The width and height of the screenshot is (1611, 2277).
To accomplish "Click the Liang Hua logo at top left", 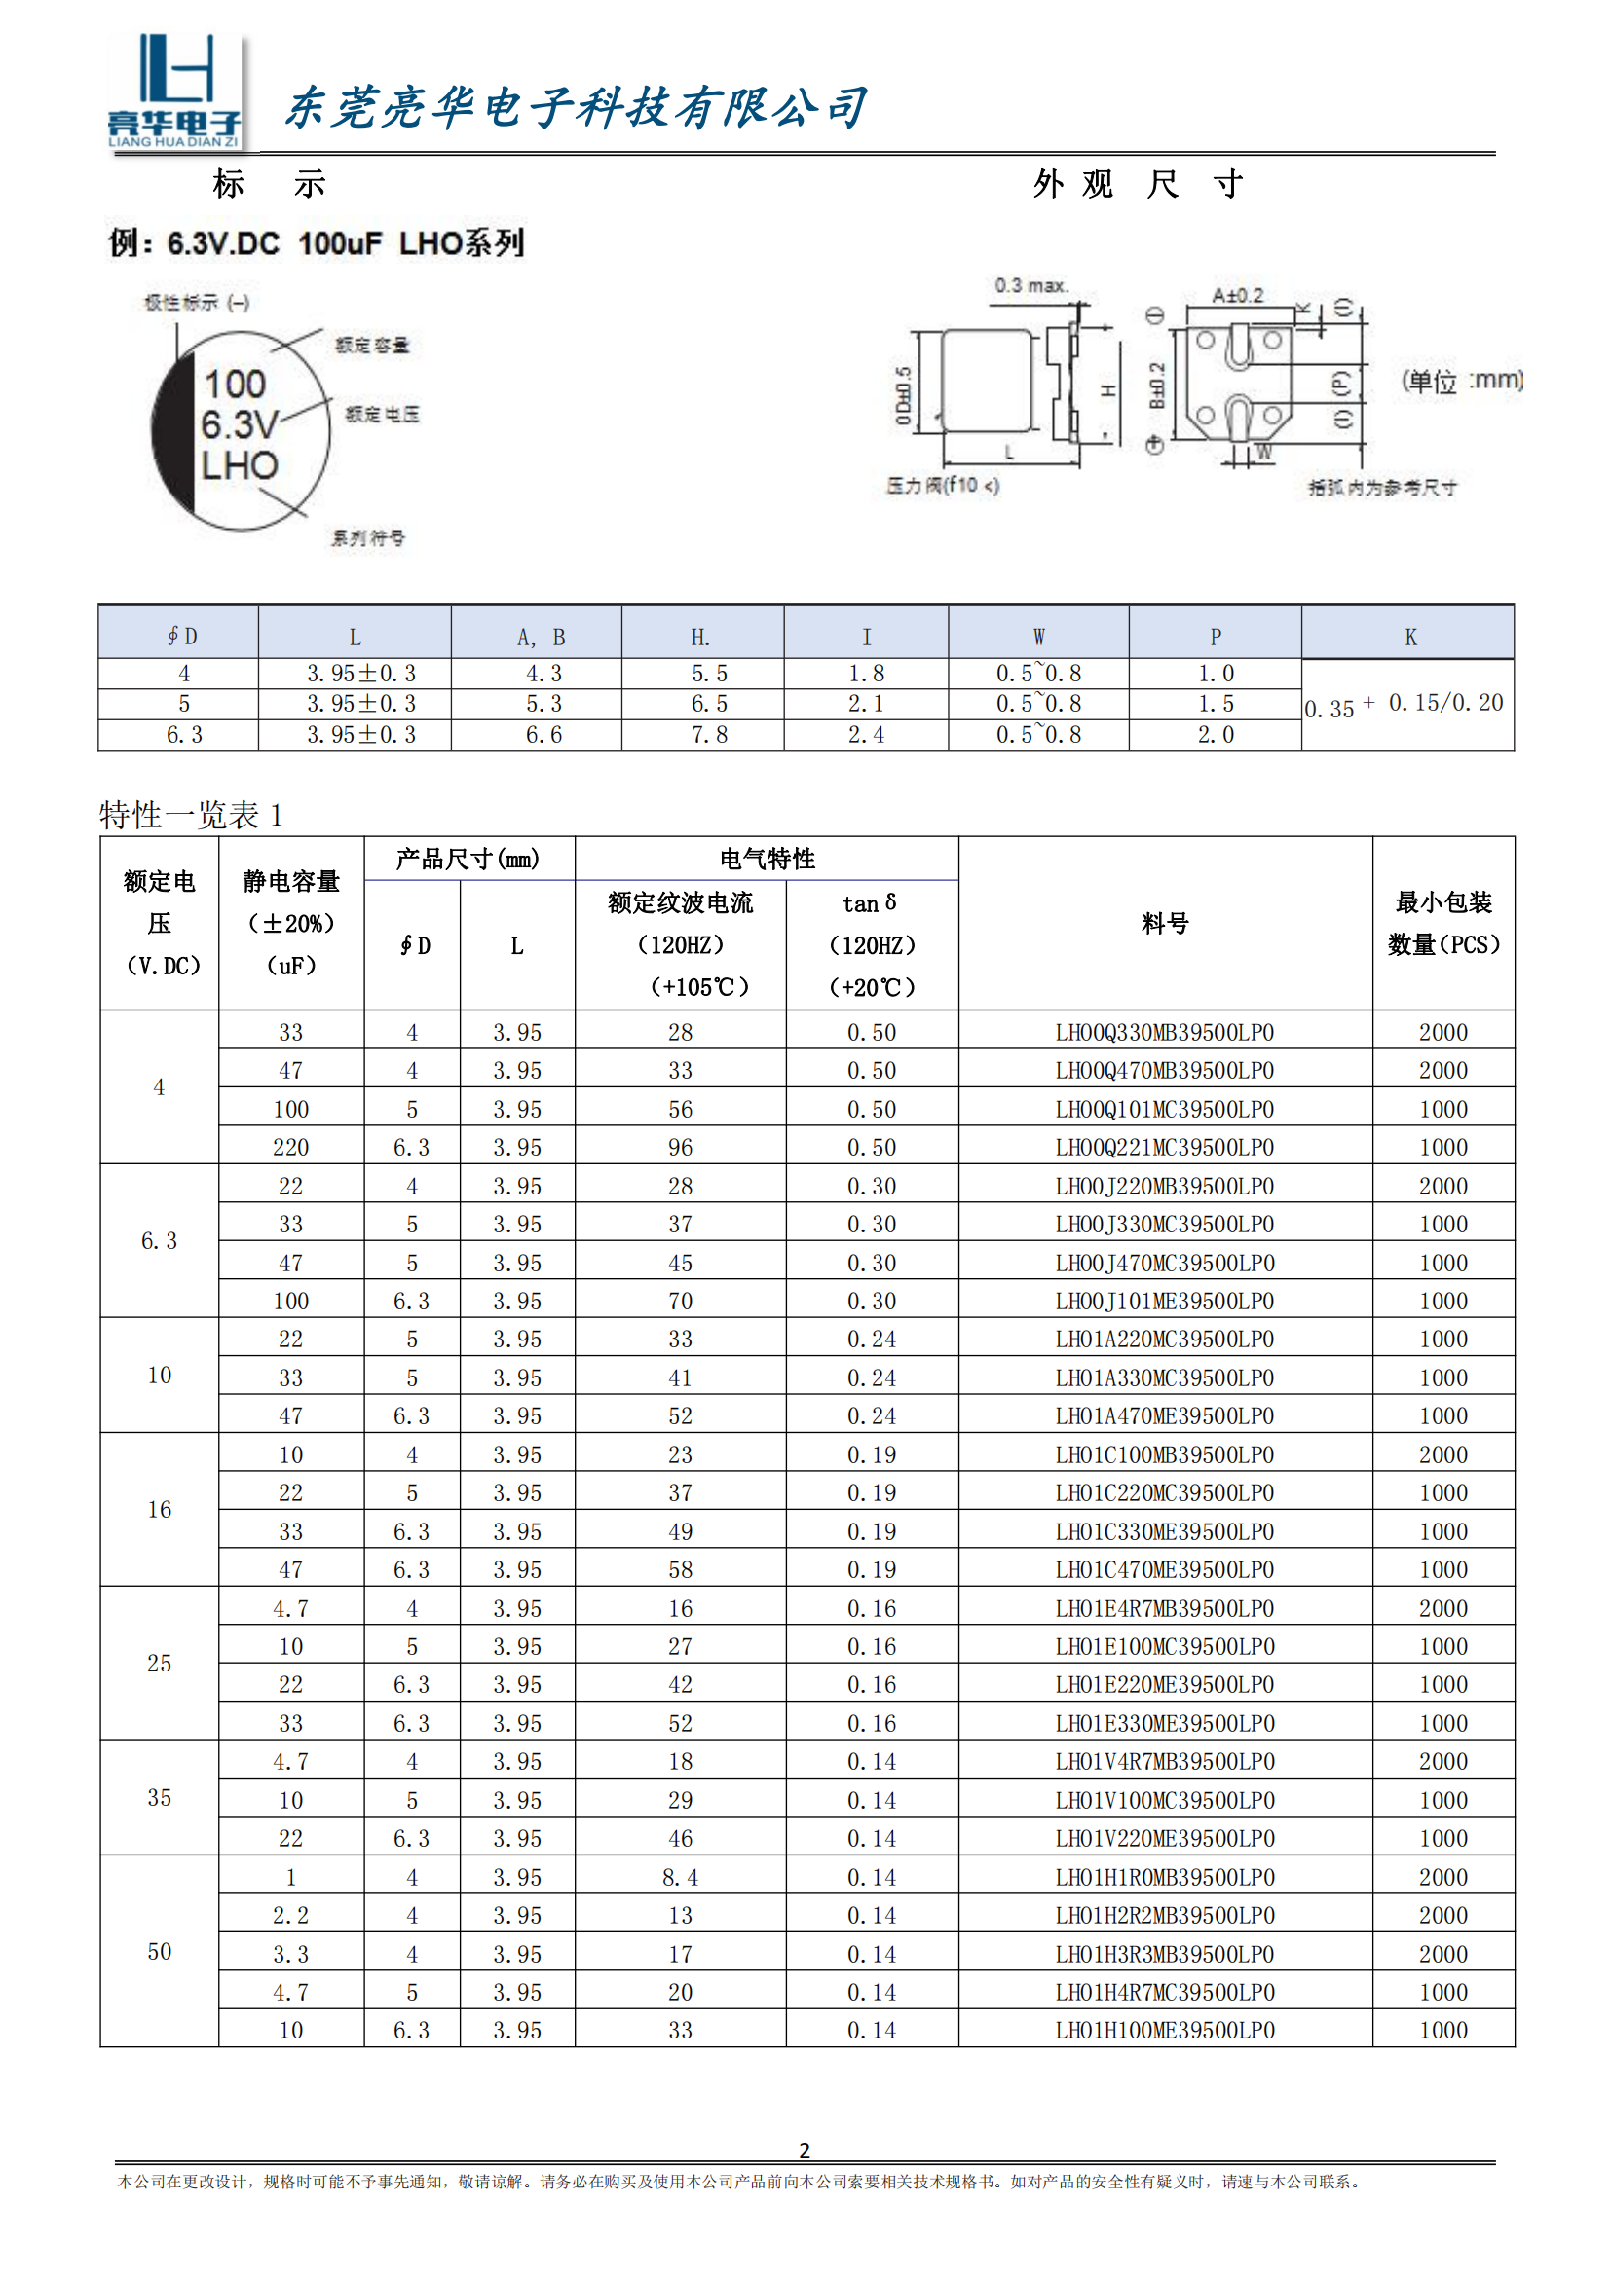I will coord(174,92).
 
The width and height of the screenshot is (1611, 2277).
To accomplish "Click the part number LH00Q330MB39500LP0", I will coord(1165,1032).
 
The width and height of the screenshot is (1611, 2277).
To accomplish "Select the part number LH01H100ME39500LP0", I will coord(1165,2030).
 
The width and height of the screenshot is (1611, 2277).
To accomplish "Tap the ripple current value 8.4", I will coord(681,1877).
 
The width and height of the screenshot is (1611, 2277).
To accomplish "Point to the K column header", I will coord(1409,637).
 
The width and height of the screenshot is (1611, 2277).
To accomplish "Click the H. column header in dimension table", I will coord(701,637).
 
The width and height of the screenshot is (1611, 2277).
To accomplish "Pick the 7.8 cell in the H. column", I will coord(709,735).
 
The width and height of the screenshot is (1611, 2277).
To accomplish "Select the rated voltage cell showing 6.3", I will coord(159,1240).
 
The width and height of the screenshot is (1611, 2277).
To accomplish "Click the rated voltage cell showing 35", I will coord(159,1797).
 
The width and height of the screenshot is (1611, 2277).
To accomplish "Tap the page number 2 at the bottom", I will coord(805,2150).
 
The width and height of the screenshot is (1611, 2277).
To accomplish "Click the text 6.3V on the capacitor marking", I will coord(239,424).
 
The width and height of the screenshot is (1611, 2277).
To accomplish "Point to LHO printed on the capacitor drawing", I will coord(239,466).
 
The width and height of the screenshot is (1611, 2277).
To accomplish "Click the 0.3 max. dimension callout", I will coord(1031,285).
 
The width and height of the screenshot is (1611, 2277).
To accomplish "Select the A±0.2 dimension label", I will coord(1237,296).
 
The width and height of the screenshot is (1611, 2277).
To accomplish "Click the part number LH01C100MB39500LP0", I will coord(1165,1454).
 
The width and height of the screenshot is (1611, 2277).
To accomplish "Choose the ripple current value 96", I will coord(681,1148).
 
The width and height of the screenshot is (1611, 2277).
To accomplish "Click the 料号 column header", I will coord(1165,923).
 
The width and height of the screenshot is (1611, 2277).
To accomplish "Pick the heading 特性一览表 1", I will coord(192,815).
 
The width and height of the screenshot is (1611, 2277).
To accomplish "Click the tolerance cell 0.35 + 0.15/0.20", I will coord(1405,705).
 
